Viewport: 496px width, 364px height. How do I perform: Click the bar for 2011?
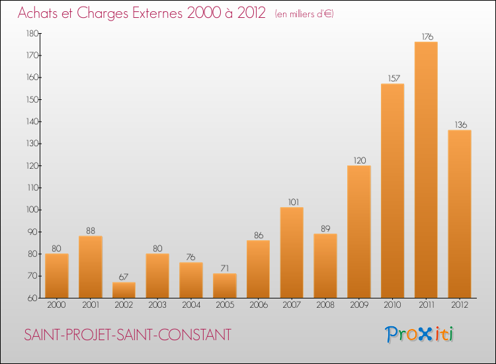[x=426, y=169]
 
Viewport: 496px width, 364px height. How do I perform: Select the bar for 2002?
[x=124, y=290]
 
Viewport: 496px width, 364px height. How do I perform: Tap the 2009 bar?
[x=359, y=232]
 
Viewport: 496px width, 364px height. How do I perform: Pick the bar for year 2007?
[x=292, y=253]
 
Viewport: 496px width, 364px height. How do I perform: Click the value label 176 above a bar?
[x=427, y=36]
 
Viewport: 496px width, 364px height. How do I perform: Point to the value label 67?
[x=124, y=277]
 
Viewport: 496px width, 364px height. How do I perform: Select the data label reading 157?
[x=394, y=78]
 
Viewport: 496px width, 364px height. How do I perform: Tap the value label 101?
[x=293, y=202]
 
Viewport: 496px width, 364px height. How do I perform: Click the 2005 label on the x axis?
[x=225, y=305]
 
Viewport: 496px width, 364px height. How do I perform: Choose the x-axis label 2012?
[x=460, y=305]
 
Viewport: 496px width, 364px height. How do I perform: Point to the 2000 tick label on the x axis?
[x=56, y=305]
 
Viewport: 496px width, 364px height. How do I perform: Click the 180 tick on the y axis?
[x=32, y=33]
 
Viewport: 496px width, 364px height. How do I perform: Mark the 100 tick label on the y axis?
[x=32, y=210]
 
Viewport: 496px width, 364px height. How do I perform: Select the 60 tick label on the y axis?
[x=33, y=298]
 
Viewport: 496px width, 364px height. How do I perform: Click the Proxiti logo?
[x=419, y=334]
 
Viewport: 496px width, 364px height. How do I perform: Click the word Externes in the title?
[x=157, y=13]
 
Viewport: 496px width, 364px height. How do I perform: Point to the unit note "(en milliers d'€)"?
[x=304, y=14]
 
